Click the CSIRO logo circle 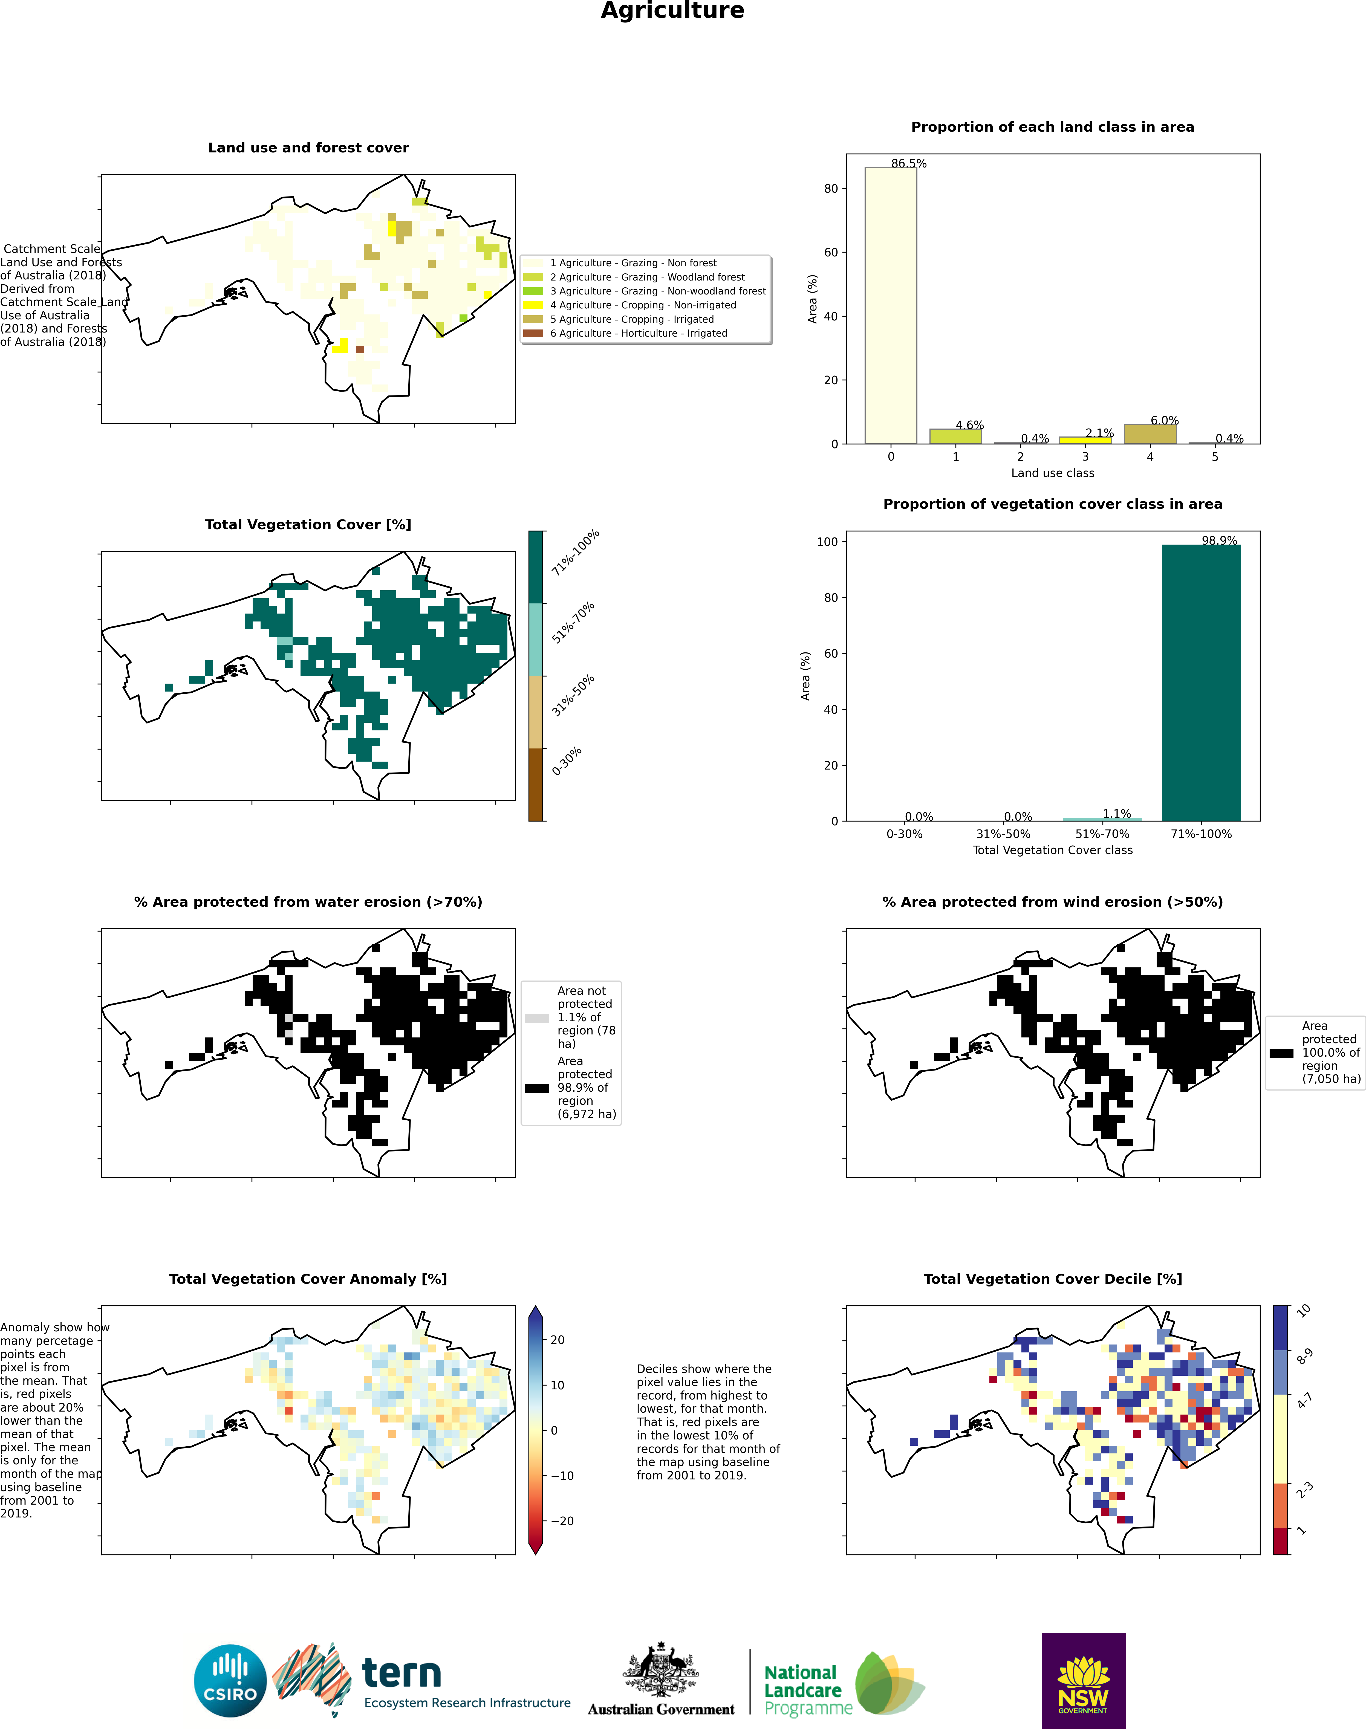tap(230, 1680)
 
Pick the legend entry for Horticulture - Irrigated tap(638, 334)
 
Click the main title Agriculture tap(673, 11)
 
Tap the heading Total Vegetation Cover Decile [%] tap(1053, 1279)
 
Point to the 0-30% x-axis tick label tap(905, 834)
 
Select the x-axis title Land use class tap(1053, 473)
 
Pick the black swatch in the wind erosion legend tap(1281, 1053)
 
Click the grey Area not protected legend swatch tap(537, 1018)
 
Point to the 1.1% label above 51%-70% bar tap(1116, 814)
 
